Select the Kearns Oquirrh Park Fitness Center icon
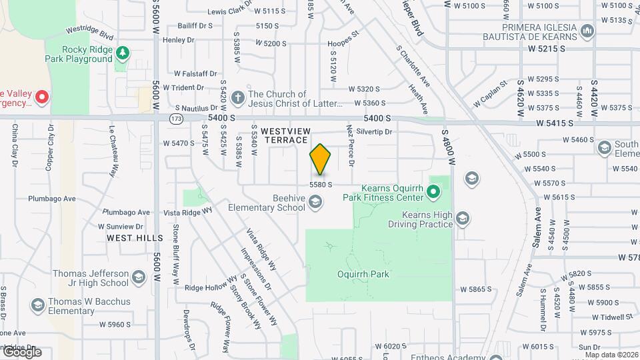pyautogui.click(x=433, y=193)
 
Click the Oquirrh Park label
pyautogui.click(x=363, y=274)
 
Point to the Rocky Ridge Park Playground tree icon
pyautogui.click(x=122, y=53)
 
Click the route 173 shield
pyautogui.click(x=175, y=118)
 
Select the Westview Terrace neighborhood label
pyautogui.click(x=285, y=136)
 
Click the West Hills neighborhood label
pyautogui.click(x=134, y=238)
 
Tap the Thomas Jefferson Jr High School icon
pyautogui.click(x=138, y=277)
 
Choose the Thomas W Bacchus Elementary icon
pyautogui.click(x=37, y=305)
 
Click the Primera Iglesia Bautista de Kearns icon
pyautogui.click(x=587, y=31)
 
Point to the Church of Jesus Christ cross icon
pyautogui.click(x=238, y=98)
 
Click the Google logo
pyautogui.click(x=22, y=352)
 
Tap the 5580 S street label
pyautogui.click(x=320, y=184)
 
